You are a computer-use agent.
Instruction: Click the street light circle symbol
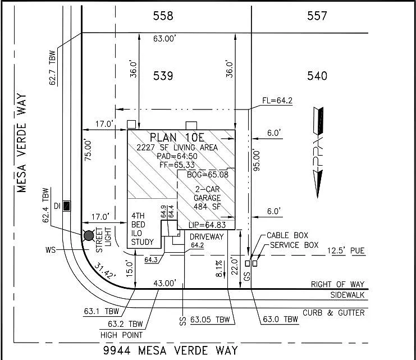pos(89,235)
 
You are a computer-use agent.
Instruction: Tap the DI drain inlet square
pos(67,206)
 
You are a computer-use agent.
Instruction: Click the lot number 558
pos(163,16)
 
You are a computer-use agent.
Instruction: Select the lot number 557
pos(317,16)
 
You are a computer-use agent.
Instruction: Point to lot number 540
pos(317,76)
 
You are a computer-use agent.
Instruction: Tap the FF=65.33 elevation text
pos(175,165)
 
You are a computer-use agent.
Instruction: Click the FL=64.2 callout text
pos(278,101)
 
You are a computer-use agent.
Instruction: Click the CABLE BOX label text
pos(287,236)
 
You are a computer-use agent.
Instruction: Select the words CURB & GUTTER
pos(334,313)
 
